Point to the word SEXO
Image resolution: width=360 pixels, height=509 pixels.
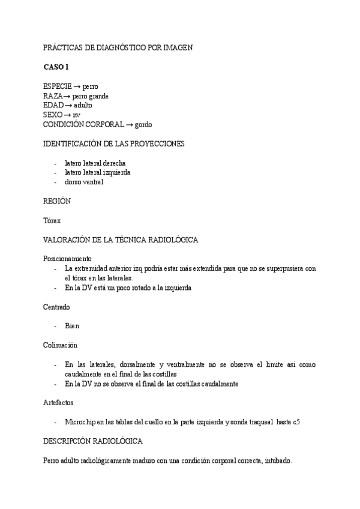pyautogui.click(x=52, y=115)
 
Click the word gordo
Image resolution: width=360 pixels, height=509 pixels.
pyautogui.click(x=143, y=125)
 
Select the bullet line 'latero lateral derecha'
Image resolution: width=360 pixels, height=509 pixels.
pyautogui.click(x=95, y=163)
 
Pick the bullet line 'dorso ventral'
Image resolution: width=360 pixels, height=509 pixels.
pyautogui.click(x=84, y=182)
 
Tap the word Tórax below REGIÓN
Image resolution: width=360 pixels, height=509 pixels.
pyautogui.click(x=52, y=220)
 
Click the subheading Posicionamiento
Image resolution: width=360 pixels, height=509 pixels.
pyautogui.click(x=67, y=259)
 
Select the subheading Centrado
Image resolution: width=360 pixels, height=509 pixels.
pyautogui.click(x=56, y=307)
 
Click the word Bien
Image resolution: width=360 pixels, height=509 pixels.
pyautogui.click(x=72, y=326)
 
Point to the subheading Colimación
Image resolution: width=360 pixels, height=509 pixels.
pyautogui.click(x=60, y=345)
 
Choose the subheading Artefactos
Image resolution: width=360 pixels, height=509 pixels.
pyautogui.click(x=59, y=403)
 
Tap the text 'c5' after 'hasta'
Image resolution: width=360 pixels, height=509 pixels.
pyautogui.click(x=296, y=422)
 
